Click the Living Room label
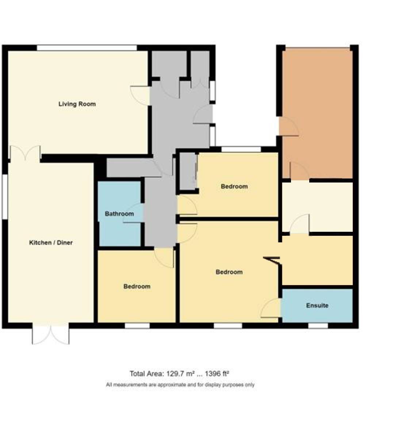point(77,104)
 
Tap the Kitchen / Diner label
point(51,243)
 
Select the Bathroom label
point(119,214)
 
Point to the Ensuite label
point(317,306)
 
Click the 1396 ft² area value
point(217,374)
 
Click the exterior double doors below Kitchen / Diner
point(51,333)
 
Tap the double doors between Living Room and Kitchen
point(26,153)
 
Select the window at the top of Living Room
point(87,48)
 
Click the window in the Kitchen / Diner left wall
point(5,197)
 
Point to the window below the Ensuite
point(318,326)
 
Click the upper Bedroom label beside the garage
point(234,187)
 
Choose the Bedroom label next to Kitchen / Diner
point(137,287)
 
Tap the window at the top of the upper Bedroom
point(241,149)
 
